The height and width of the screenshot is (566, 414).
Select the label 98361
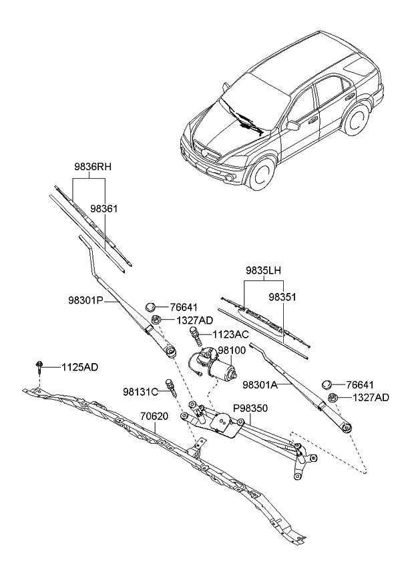(x=105, y=209)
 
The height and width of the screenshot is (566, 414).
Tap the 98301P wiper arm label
(x=84, y=301)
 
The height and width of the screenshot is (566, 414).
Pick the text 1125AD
(x=81, y=367)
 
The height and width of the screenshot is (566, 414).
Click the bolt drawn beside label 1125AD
(x=40, y=367)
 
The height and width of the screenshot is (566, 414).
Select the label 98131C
(x=139, y=391)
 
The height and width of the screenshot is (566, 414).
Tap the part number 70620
(x=154, y=416)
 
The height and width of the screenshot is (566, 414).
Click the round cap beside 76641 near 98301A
(x=327, y=384)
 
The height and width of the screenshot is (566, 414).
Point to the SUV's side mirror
(x=292, y=125)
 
